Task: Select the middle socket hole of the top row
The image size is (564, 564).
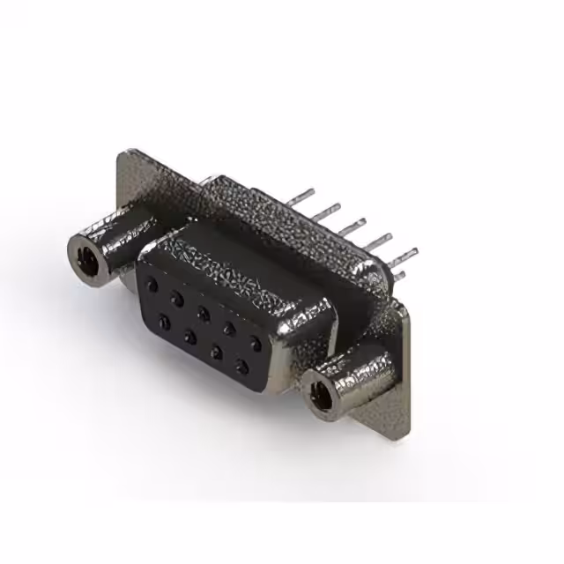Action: click(204, 312)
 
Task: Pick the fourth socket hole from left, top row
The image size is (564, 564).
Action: click(229, 326)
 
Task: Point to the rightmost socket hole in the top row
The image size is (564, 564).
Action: click(255, 340)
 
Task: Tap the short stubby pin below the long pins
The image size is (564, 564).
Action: click(398, 276)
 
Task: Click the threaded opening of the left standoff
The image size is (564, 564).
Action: click(86, 256)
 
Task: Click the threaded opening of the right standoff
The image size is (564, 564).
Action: click(322, 393)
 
